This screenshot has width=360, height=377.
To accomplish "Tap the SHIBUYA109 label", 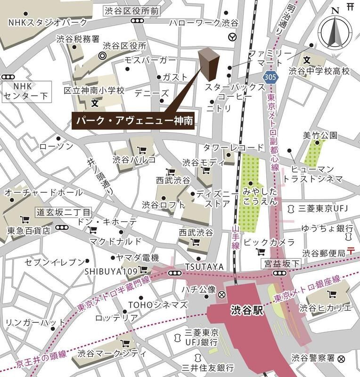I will tap(111, 271).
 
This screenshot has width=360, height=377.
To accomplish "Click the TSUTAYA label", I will tap(204, 267).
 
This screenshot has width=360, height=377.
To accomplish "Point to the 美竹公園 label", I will tap(320, 136).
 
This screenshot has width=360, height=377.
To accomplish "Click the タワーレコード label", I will tap(229, 148).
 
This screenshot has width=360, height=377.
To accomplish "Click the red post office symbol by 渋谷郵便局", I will tap(350, 250).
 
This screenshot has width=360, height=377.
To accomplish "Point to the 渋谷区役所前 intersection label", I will tap(139, 10).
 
